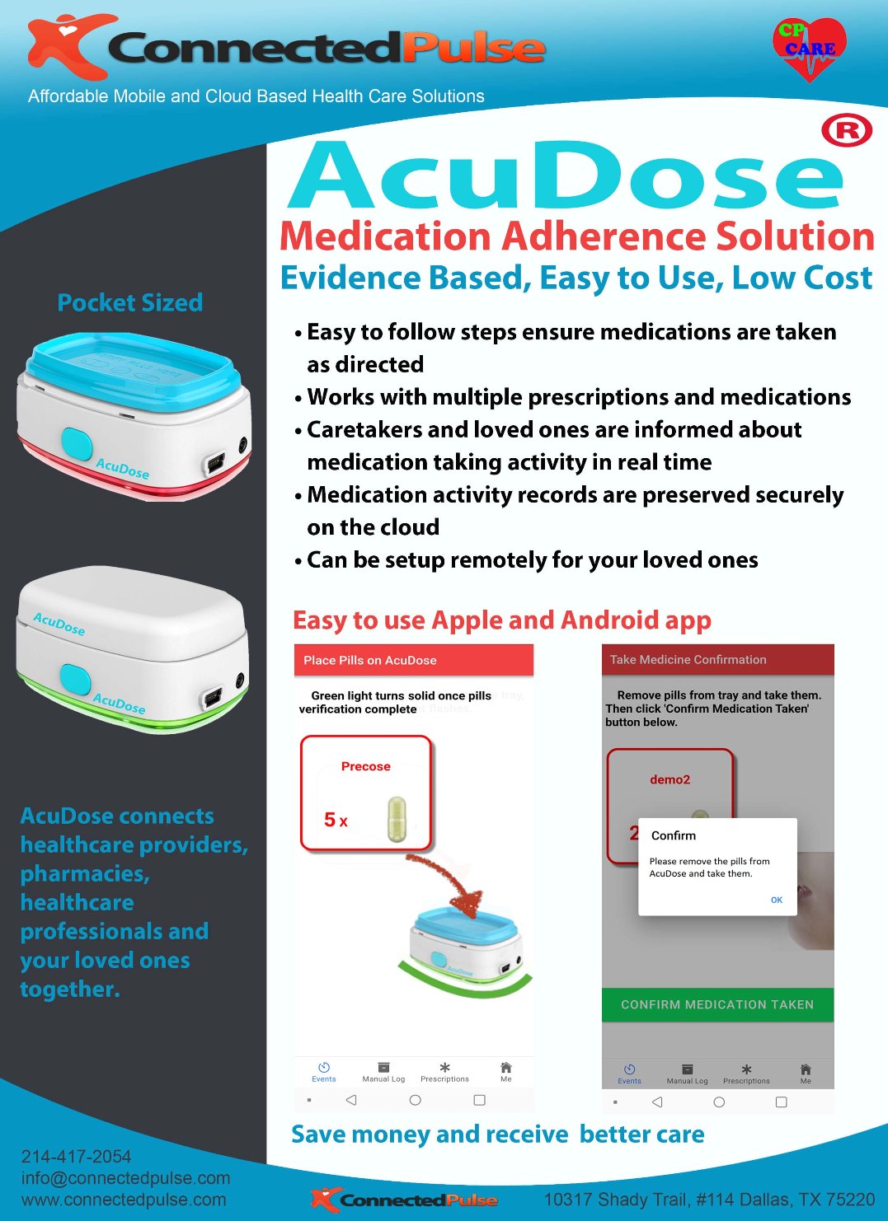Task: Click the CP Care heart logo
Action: pos(810,49)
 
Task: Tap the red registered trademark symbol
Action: pos(847,131)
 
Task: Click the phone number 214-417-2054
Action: pos(76,1157)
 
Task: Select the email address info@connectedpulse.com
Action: pos(125,1178)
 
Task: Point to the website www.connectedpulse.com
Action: pos(124,1200)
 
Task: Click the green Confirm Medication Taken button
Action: pos(717,1004)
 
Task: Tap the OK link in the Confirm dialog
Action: pos(776,900)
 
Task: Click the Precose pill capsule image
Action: pos(397,819)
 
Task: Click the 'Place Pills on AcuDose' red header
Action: pos(413,660)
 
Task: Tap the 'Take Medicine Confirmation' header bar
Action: pos(717,659)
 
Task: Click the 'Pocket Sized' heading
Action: pos(130,302)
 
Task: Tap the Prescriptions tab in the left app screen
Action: pos(444,1072)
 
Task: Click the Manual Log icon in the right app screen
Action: pos(687,1069)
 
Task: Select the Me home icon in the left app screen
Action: pos(505,1068)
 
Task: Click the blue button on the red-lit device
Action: pos(77,443)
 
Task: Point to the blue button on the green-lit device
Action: pos(75,679)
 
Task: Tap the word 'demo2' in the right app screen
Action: pos(670,779)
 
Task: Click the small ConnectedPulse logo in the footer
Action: pos(404,1200)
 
